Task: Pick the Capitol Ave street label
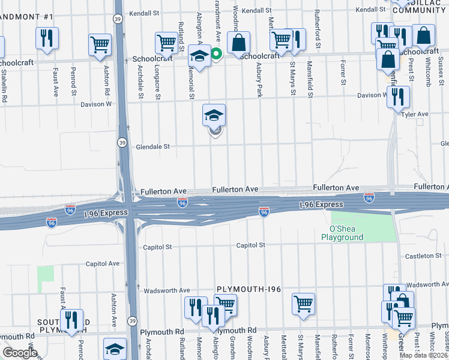pyautogui.click(x=103, y=263)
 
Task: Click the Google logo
pyautogui.click(x=20, y=353)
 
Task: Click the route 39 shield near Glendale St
pyautogui.click(x=122, y=143)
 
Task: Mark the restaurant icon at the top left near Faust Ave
pyautogui.click(x=46, y=38)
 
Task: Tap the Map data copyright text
pyautogui.click(x=424, y=355)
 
